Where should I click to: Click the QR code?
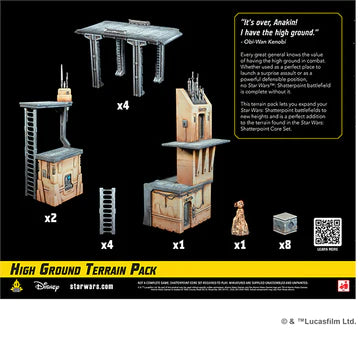point(326,231)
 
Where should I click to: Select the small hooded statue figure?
point(240,216)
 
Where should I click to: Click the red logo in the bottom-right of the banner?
point(347,284)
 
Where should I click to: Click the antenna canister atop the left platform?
point(65,92)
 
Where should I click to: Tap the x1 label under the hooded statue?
point(239,244)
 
